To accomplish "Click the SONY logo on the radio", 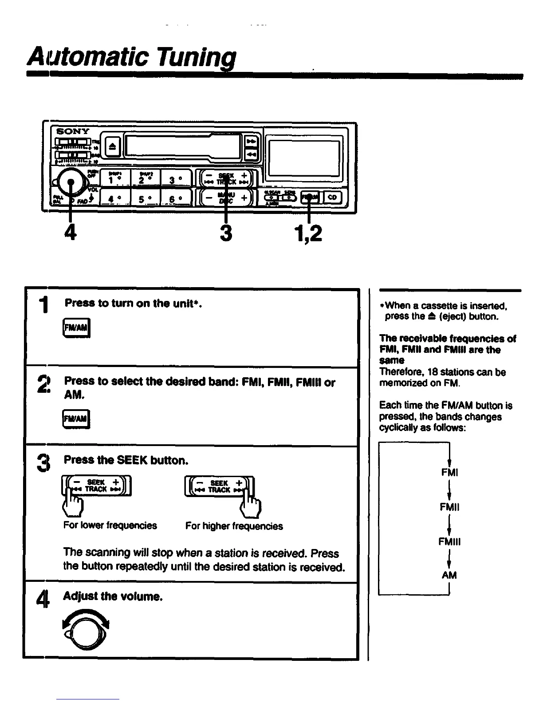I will pos(72,131).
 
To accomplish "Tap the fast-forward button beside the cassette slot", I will pos(251,141).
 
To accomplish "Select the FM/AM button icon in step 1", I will pos(77,328).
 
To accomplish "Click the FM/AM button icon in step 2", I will pos(76,419).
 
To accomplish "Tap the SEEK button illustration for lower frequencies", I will pos(96,486).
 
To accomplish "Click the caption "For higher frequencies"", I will pos(234,526).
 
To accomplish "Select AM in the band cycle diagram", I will pos(449,575).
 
